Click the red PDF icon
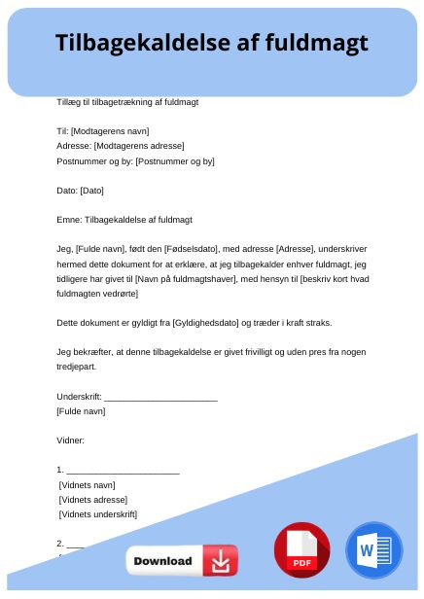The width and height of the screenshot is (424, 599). pyautogui.click(x=301, y=549)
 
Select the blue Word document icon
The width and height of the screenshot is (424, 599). pyautogui.click(x=372, y=549)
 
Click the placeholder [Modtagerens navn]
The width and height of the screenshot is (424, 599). pyautogui.click(x=110, y=131)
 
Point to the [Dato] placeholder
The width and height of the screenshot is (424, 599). pyautogui.click(x=91, y=191)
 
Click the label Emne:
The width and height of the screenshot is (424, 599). pyautogui.click(x=70, y=220)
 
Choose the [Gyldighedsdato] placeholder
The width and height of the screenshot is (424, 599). pyautogui.click(x=204, y=323)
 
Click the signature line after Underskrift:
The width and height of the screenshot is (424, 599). pyautogui.click(x=160, y=397)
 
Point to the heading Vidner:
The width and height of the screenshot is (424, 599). pyautogui.click(x=71, y=440)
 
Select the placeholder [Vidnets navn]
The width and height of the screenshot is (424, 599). pyautogui.click(x=88, y=484)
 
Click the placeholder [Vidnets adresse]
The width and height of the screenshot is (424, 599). pyautogui.click(x=93, y=499)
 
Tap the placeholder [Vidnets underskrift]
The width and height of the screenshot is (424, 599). pyautogui.click(x=98, y=514)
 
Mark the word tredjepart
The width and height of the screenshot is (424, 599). pyautogui.click(x=78, y=367)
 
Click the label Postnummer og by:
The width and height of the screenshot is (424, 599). pyautogui.click(x=95, y=160)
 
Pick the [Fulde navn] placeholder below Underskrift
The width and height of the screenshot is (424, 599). pyautogui.click(x=82, y=411)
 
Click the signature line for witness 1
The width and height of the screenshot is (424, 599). pyautogui.click(x=123, y=470)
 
